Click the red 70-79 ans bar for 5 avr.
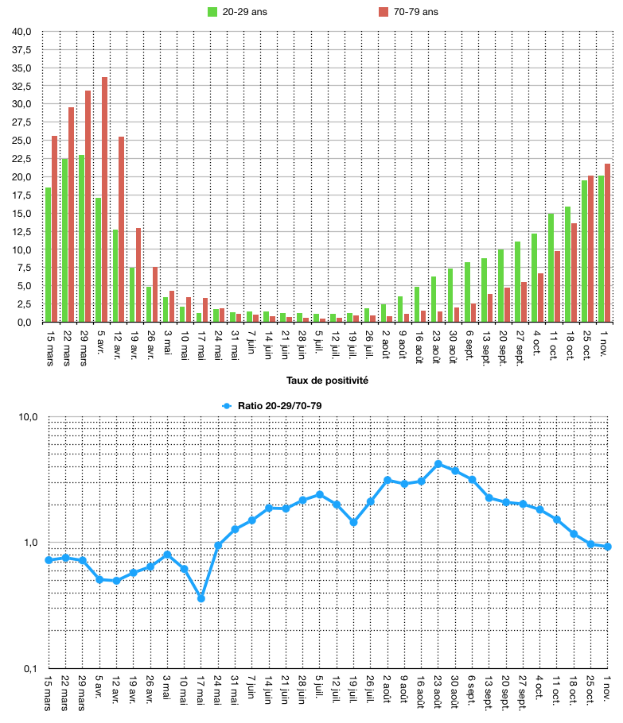tap(104, 199)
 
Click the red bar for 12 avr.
tap(121, 230)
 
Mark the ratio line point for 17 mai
tap(201, 598)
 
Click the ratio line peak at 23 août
tap(438, 464)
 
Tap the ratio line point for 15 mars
tap(49, 560)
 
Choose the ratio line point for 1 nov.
tap(608, 547)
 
